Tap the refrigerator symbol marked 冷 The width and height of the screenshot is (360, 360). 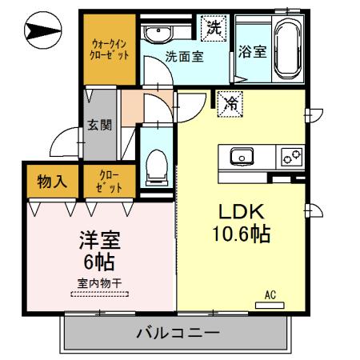(230, 102)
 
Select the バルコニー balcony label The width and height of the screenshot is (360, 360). (177, 332)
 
